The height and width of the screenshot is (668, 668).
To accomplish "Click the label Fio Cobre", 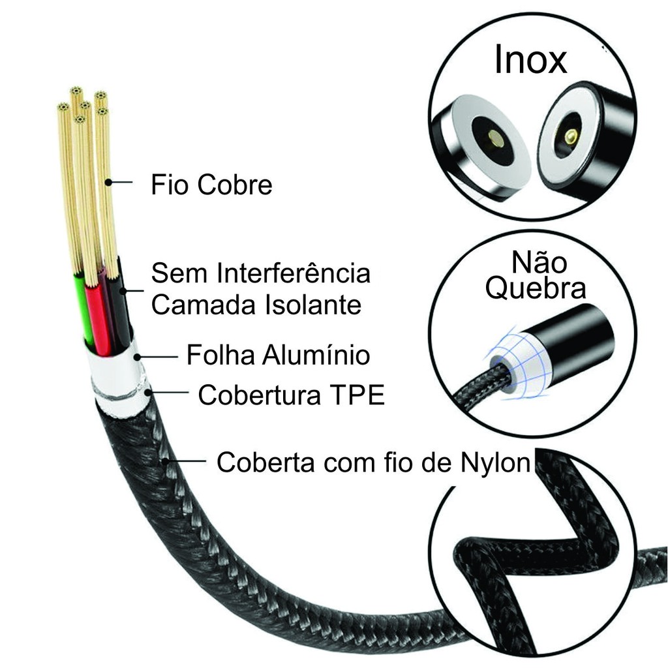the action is click(x=211, y=185).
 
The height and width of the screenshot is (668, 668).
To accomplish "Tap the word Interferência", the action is click(x=294, y=273).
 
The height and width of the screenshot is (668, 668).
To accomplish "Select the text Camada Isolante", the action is click(x=256, y=305).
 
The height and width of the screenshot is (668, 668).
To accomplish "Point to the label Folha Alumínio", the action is click(x=278, y=355).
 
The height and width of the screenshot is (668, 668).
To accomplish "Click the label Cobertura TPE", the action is click(x=292, y=395).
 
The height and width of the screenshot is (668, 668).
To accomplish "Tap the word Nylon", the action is click(x=495, y=462).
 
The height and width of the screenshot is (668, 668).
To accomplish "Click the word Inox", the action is click(x=530, y=59).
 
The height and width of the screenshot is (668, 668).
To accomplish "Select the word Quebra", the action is click(x=536, y=288).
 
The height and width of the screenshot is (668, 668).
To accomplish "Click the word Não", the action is click(x=539, y=262).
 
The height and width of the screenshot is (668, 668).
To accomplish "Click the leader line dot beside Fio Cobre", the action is click(x=108, y=183).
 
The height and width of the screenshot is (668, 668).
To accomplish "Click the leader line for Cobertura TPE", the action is click(x=168, y=391).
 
